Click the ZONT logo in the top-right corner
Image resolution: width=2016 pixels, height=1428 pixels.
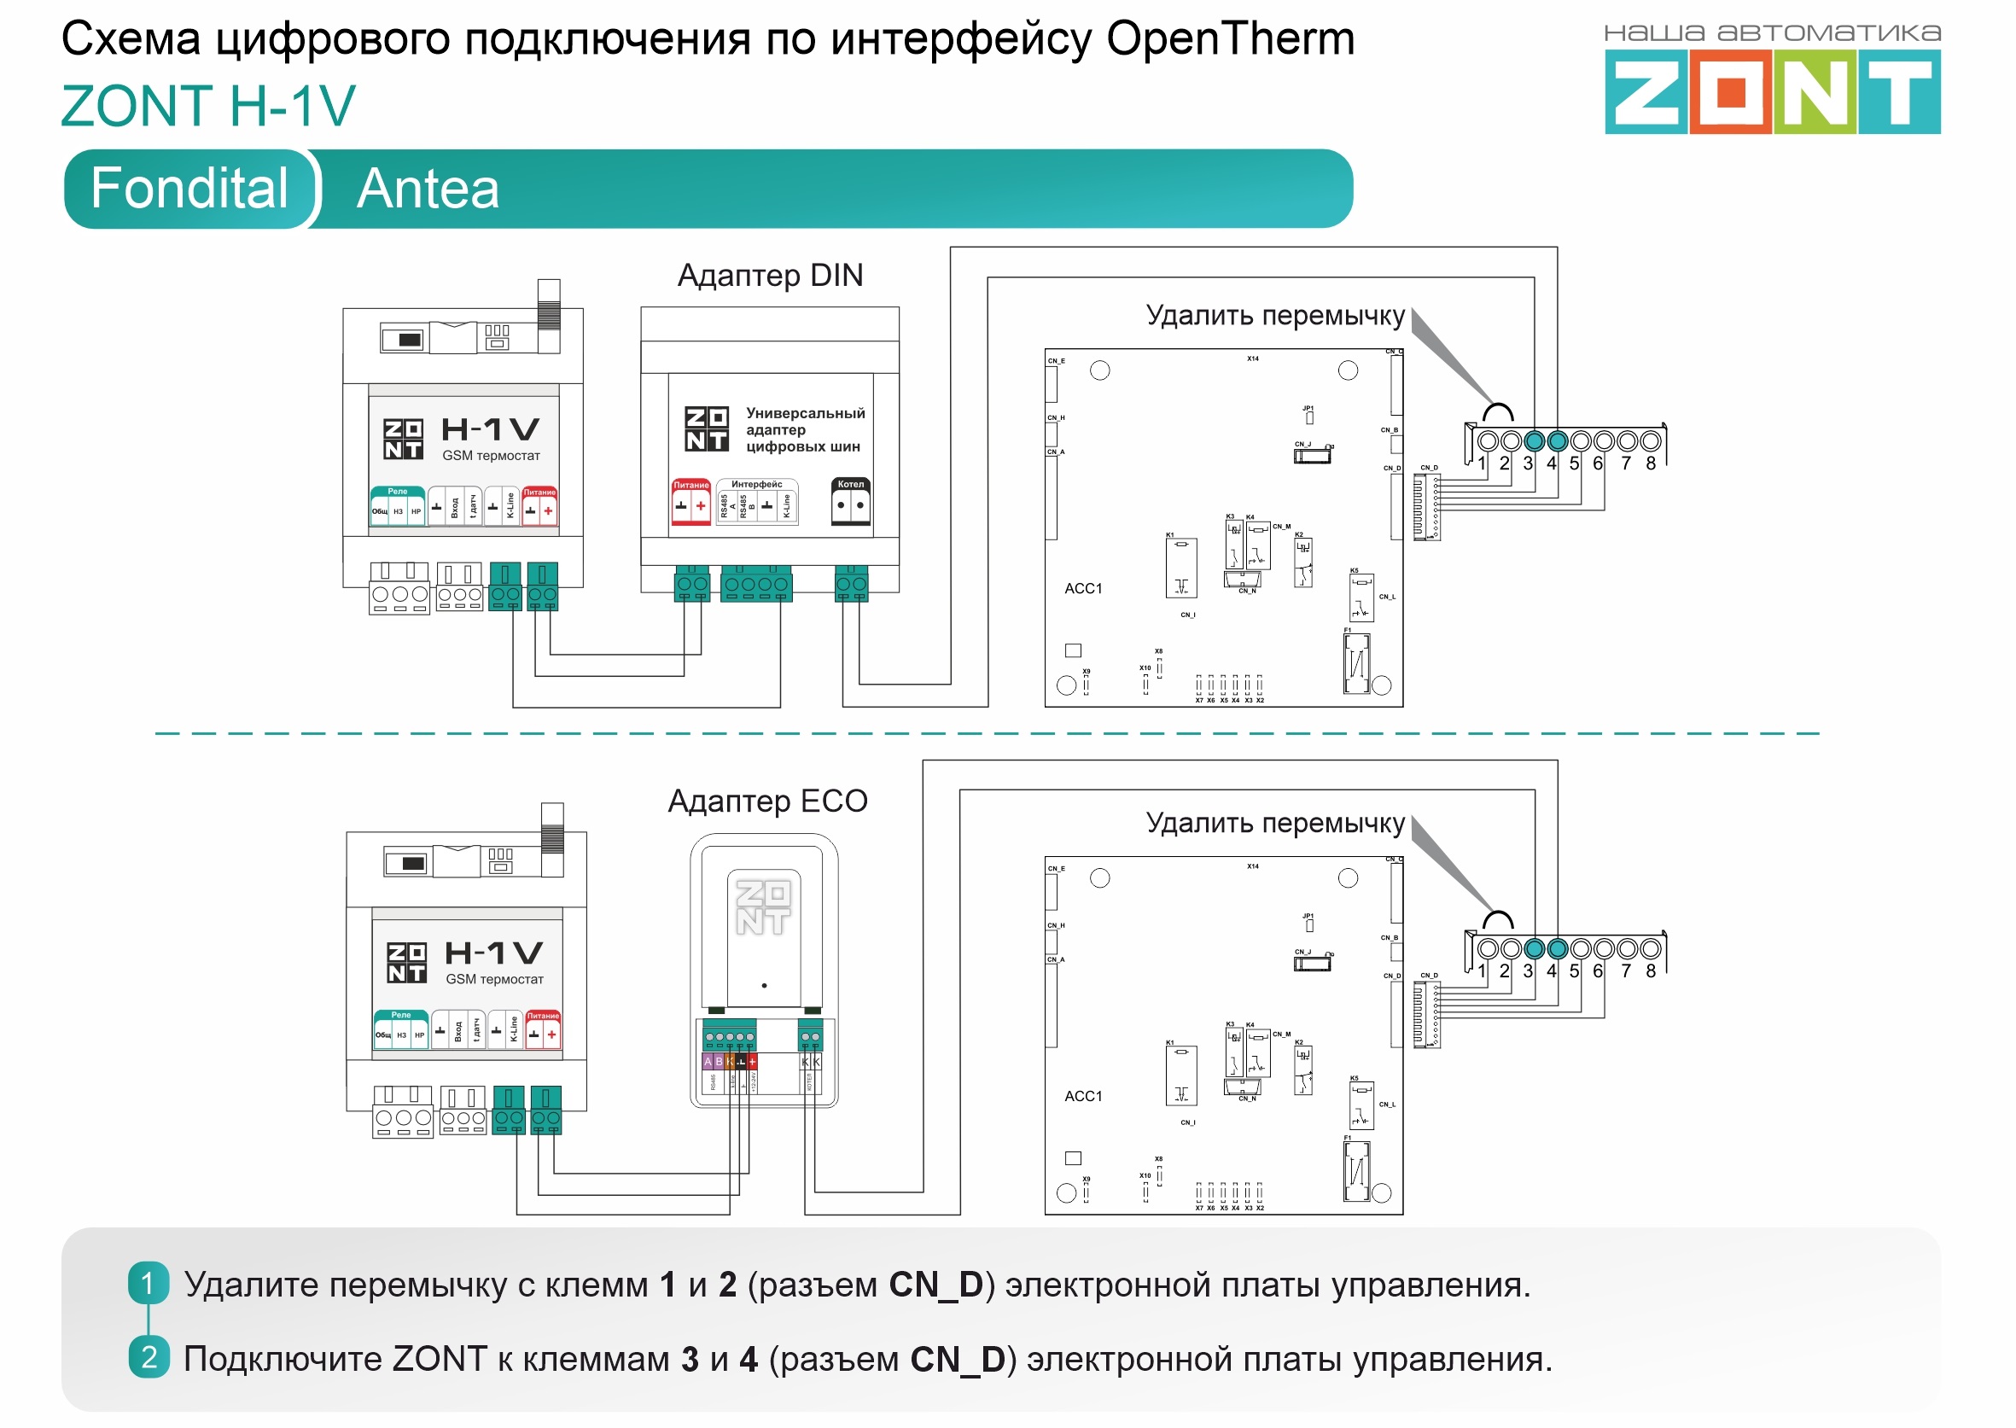[x=1772, y=90]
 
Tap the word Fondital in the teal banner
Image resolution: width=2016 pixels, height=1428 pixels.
[x=189, y=188]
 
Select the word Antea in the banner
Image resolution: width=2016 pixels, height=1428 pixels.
[x=428, y=189]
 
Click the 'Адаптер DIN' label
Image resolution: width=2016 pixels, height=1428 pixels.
[x=769, y=275]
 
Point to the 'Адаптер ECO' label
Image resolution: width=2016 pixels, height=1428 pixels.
[x=766, y=801]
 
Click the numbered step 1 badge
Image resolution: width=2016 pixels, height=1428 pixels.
[x=148, y=1284]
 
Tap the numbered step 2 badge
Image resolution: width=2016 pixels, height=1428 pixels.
[x=148, y=1358]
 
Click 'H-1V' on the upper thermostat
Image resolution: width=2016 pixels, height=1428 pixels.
[x=490, y=429]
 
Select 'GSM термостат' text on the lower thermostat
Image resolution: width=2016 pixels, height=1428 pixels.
[x=494, y=980]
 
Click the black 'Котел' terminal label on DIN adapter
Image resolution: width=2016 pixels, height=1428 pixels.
[x=850, y=485]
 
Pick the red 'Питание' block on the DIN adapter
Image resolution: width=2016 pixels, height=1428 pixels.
[x=691, y=503]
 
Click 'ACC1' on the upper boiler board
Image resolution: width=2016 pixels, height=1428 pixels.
[x=1082, y=588]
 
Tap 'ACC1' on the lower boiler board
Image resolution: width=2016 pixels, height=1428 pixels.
[x=1082, y=1097]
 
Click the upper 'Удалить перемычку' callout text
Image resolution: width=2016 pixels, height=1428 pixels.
[x=1275, y=315]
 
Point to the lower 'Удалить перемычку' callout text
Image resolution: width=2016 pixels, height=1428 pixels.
[x=1275, y=823]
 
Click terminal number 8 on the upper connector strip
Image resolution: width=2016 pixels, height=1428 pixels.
[x=1650, y=463]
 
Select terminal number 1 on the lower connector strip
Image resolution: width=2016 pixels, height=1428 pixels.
[x=1482, y=971]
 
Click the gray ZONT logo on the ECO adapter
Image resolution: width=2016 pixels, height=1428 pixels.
[x=762, y=907]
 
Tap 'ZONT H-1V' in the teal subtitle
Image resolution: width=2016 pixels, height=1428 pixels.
[x=208, y=106]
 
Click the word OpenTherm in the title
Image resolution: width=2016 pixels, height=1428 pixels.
[x=1230, y=39]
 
